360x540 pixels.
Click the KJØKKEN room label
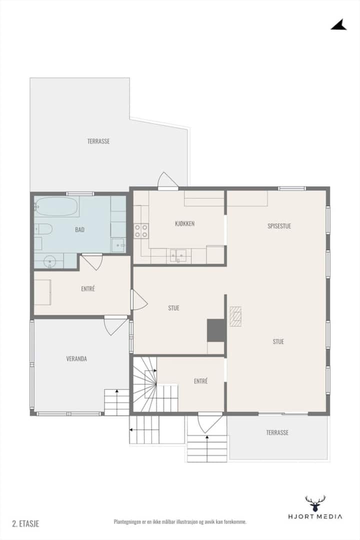point(184,223)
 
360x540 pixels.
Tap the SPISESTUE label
point(279,226)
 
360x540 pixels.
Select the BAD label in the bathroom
point(79,229)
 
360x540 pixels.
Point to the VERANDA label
point(76,359)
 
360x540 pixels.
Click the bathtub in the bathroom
point(56,206)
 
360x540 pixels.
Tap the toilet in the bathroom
point(43,228)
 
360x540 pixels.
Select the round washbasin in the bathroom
point(50,261)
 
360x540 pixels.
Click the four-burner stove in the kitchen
point(141,230)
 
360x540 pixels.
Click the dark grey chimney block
point(216,330)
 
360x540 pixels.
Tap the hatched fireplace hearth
point(235,316)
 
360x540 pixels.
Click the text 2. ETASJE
point(25,524)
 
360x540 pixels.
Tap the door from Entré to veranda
point(116,325)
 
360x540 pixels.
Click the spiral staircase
point(145,384)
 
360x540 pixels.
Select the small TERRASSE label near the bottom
point(277,432)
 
